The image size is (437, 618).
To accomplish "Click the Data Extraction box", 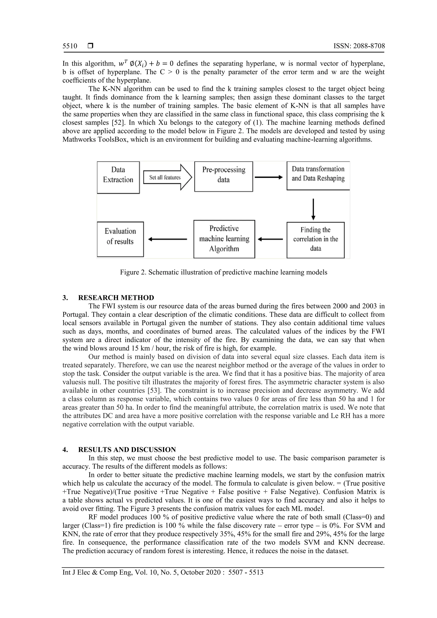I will (118, 177).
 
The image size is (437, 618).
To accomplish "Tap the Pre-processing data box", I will (223, 177).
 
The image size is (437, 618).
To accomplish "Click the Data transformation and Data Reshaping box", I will (318, 176).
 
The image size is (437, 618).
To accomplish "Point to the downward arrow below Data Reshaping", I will (313, 209).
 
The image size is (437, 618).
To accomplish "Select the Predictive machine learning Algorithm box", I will (224, 239).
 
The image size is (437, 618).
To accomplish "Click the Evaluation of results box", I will (120, 239).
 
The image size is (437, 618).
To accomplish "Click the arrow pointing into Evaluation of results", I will (168, 239).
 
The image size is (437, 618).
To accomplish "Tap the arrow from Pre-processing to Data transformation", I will (269, 177).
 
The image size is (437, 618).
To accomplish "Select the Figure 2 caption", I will (223, 272).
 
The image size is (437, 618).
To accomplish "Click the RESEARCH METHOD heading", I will (116, 298).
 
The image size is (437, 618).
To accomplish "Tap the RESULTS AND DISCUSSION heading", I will (127, 450).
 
